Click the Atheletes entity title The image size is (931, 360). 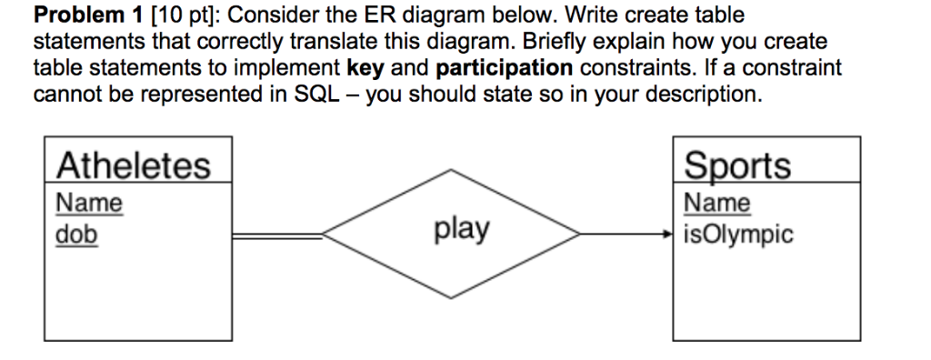[x=134, y=166]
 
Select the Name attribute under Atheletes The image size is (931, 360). [x=89, y=202]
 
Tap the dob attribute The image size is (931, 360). [x=76, y=234]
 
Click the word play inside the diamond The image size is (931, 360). [x=462, y=229]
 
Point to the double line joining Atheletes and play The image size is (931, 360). [x=276, y=235]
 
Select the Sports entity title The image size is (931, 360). [x=737, y=166]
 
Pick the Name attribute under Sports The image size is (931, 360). [x=717, y=202]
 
